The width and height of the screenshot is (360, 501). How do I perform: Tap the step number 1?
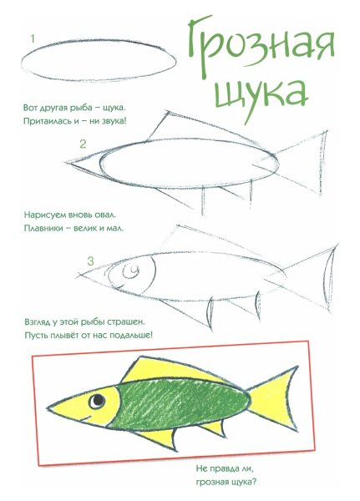click(x=32, y=38)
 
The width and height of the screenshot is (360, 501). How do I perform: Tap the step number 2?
click(x=83, y=144)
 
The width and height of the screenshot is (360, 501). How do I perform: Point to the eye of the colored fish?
click(x=99, y=401)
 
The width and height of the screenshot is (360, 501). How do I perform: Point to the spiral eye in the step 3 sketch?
click(x=130, y=272)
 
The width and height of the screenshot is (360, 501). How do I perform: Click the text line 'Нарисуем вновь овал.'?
click(x=69, y=215)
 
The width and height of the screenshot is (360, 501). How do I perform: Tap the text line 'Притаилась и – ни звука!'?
click(x=75, y=122)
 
